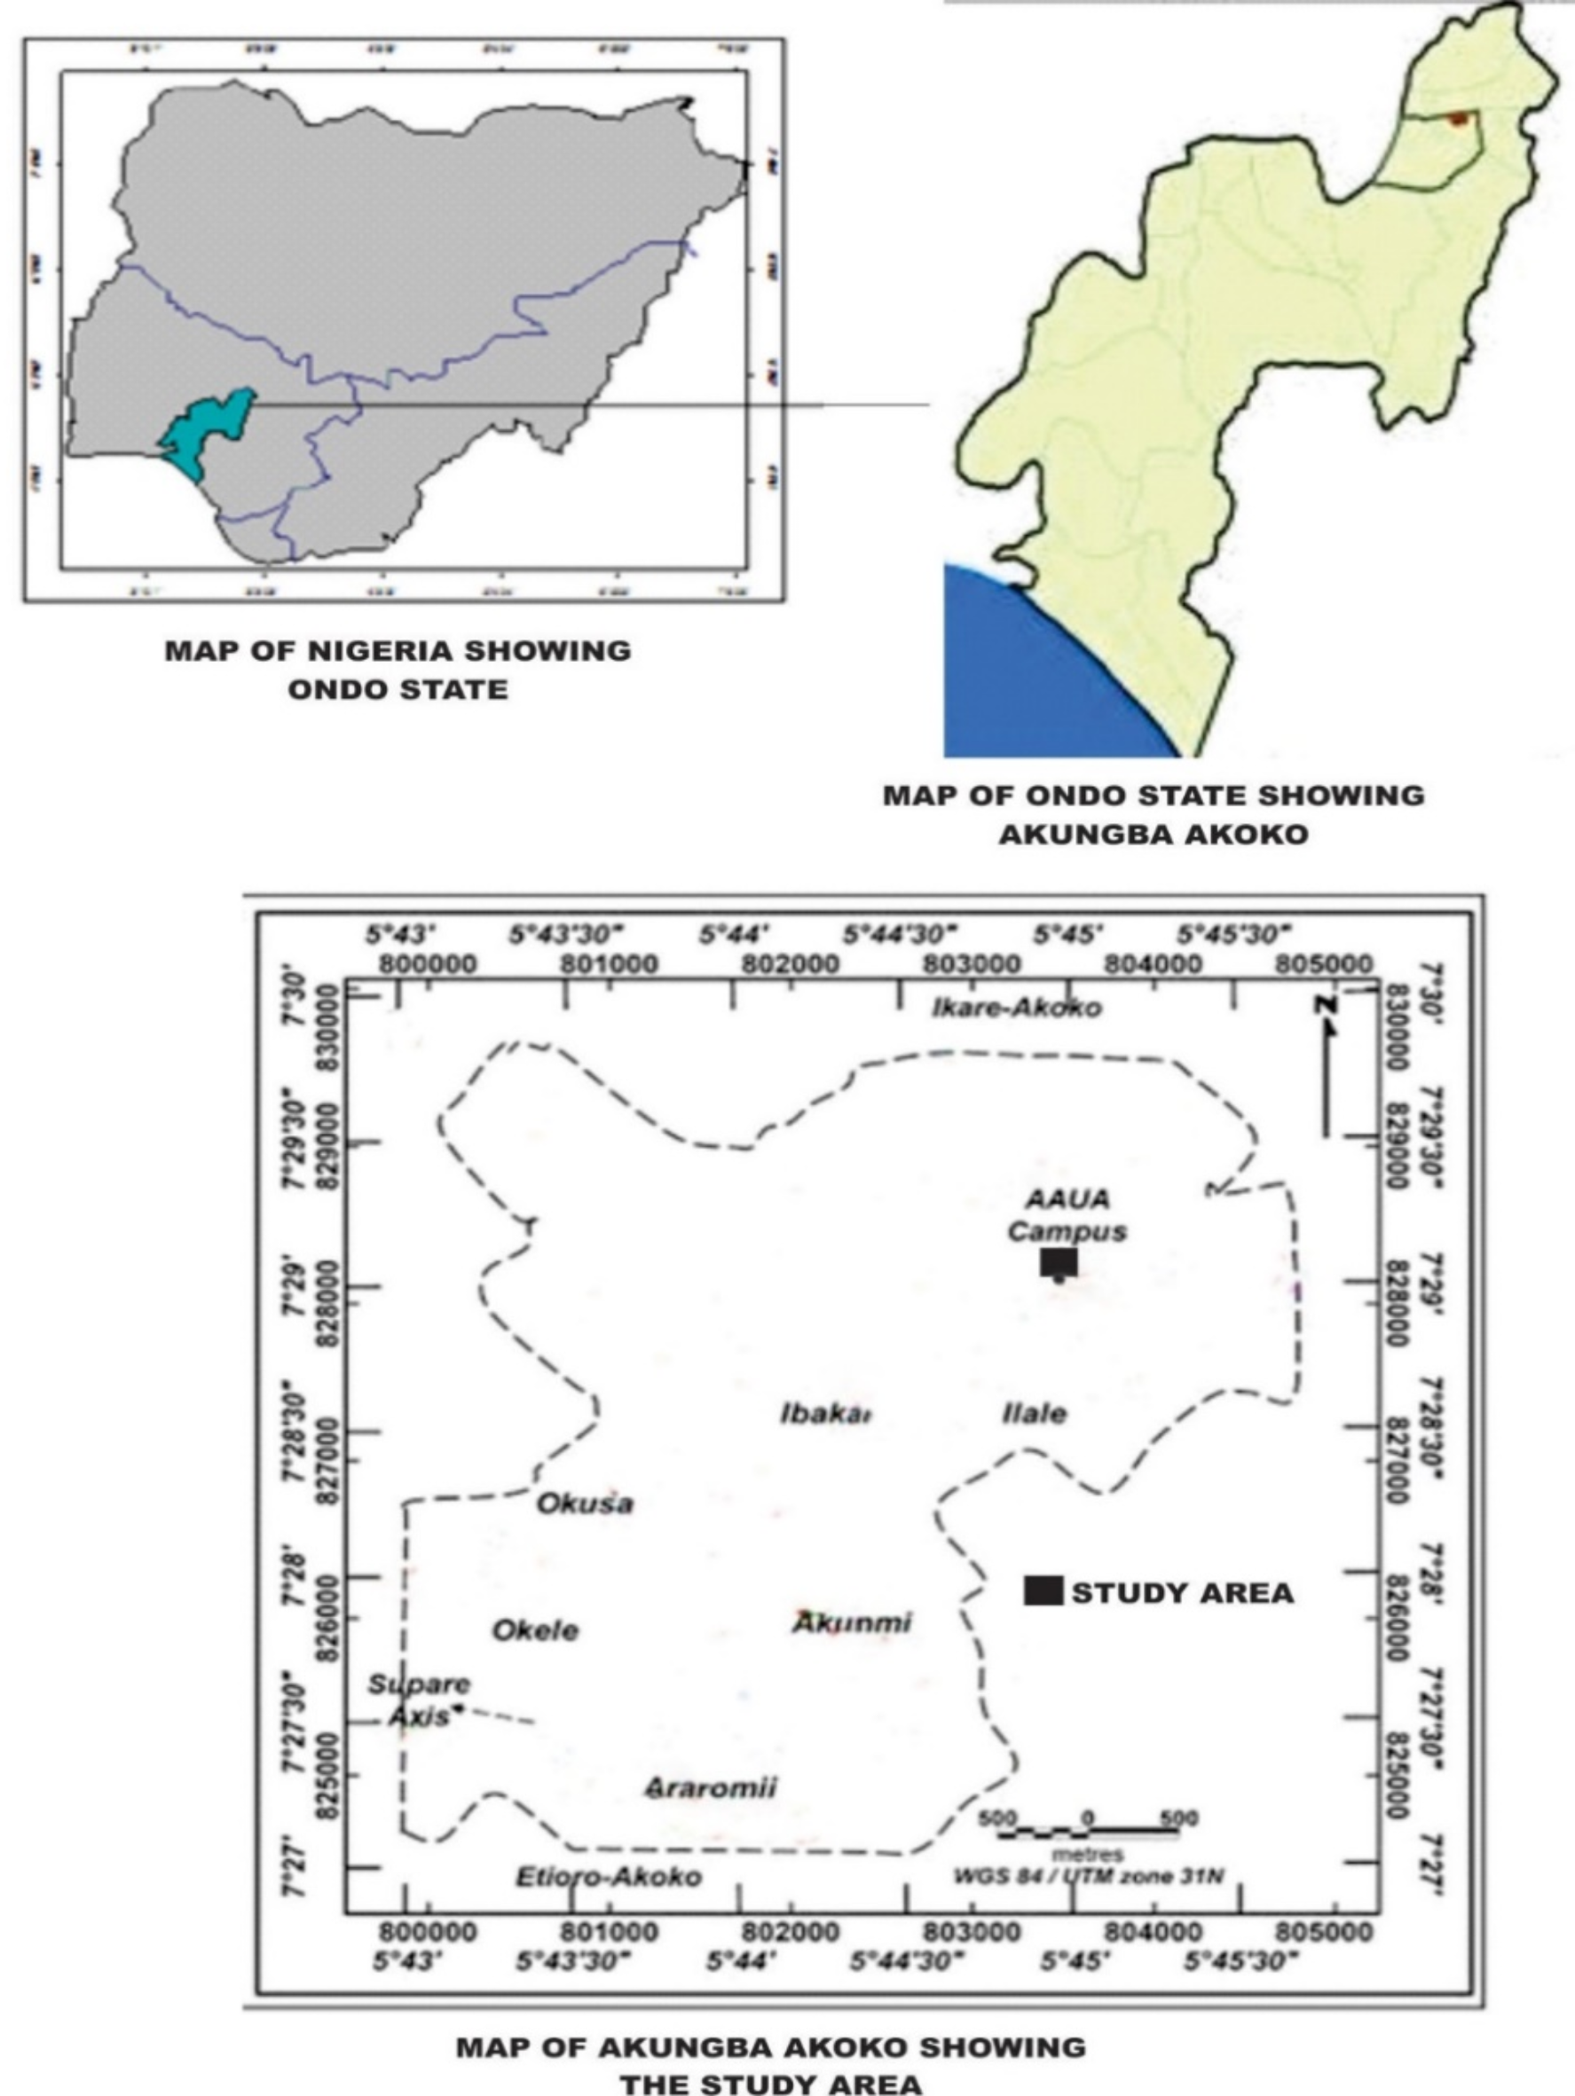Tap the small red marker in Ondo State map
(1458, 119)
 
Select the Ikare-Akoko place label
(1017, 1008)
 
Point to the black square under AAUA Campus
(1059, 1262)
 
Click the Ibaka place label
(825, 1415)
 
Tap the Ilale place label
(1034, 1415)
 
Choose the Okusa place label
(585, 1503)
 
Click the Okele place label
(535, 1630)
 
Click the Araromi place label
(711, 1788)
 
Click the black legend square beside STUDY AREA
(1043, 1592)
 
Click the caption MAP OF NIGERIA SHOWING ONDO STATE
(398, 669)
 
